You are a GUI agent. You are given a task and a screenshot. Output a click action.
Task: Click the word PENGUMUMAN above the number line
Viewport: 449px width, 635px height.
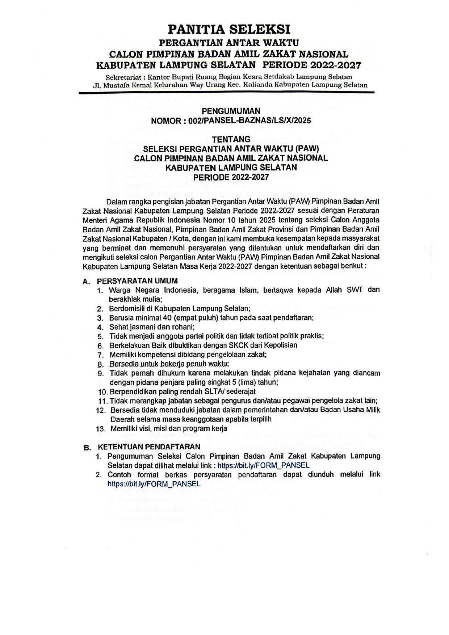231,111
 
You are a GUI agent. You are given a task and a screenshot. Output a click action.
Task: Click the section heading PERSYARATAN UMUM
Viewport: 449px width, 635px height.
137,281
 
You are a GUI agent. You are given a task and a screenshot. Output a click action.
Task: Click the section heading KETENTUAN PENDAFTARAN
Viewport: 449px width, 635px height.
149,447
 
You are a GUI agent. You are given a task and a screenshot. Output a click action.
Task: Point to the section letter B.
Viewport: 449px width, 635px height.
87,448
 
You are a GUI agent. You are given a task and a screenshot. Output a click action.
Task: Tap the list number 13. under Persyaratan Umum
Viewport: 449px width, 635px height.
101,429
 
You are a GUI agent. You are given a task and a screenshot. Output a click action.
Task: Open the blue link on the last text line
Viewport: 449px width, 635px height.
154,484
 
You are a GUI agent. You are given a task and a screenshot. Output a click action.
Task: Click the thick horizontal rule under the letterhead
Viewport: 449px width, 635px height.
226,93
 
